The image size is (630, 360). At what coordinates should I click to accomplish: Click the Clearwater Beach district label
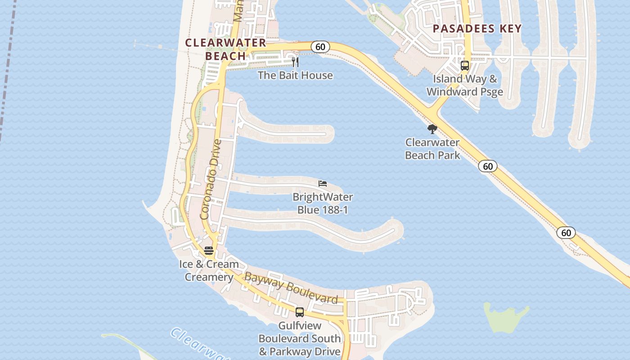click(226, 49)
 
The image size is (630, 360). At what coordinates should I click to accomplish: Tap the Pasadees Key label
click(477, 29)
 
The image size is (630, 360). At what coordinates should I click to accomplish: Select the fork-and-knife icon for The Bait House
click(295, 62)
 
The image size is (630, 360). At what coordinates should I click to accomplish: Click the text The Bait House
click(295, 75)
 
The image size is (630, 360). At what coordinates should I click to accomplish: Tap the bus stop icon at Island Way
click(465, 66)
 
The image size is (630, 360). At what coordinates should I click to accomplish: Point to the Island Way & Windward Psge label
click(465, 85)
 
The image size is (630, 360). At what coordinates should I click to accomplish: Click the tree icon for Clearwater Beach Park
click(432, 130)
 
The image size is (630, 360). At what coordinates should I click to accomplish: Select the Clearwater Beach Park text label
click(432, 149)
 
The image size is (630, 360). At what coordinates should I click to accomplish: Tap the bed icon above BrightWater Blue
click(323, 184)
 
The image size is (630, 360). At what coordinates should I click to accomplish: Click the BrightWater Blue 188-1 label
click(323, 203)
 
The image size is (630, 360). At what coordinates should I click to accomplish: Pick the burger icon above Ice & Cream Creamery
click(209, 251)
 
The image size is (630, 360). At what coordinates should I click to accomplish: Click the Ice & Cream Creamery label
click(209, 270)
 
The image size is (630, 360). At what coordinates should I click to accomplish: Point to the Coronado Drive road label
click(211, 180)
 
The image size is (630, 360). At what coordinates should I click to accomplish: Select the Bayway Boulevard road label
click(291, 288)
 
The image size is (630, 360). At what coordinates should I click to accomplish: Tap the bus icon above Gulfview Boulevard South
click(300, 312)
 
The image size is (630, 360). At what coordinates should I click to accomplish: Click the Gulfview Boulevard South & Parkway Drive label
click(300, 338)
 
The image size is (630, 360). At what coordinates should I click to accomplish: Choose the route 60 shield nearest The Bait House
click(320, 47)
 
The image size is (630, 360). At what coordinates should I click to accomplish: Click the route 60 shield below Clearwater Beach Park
click(488, 166)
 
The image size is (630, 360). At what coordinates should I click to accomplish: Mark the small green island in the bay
click(505, 317)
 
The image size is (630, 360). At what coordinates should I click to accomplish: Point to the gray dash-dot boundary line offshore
click(7, 67)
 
